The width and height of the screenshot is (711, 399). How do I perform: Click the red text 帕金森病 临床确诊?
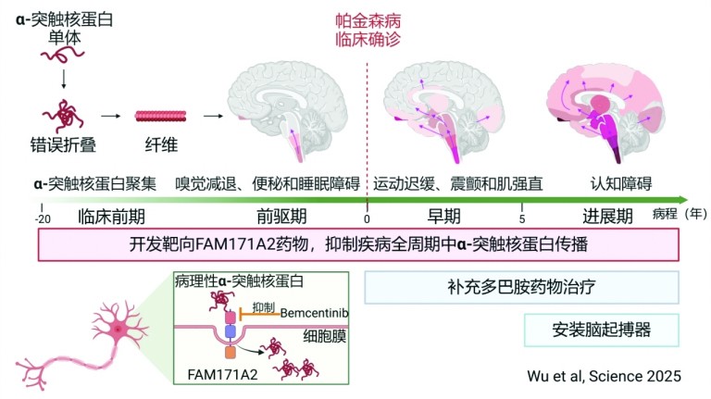pos(368,31)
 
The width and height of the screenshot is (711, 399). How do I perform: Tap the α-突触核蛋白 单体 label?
pos(65,29)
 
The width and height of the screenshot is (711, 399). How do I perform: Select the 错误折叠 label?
pos(63,145)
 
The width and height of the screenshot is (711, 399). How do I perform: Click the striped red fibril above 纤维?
pos(160,116)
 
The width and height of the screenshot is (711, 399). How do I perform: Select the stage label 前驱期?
pos(281,217)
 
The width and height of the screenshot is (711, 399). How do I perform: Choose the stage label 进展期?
pos(607,217)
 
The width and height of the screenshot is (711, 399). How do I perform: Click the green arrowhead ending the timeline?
pos(683,200)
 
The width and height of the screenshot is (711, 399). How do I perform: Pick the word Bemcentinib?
pos(314,313)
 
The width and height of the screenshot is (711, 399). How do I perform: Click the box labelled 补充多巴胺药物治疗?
pos(521,288)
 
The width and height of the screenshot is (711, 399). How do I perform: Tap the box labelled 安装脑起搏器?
pos(601,330)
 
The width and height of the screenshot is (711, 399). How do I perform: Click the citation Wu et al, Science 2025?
pos(604,376)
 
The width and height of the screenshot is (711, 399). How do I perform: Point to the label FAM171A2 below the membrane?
pos(222,375)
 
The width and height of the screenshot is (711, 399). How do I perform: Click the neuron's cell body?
pos(118,329)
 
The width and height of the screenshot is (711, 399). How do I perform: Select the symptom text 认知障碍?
pos(621,183)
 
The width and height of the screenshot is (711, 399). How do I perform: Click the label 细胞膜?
pos(325,336)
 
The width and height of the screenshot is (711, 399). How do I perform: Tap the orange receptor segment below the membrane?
pos(231,353)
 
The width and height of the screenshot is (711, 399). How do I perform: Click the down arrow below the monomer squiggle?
pos(64,79)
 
